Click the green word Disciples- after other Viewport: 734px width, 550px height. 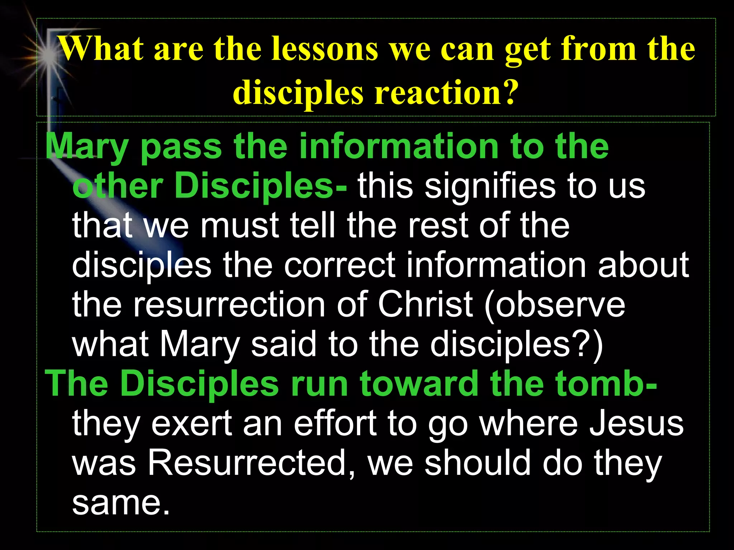[260, 186]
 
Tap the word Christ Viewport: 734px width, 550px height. [425, 304]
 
